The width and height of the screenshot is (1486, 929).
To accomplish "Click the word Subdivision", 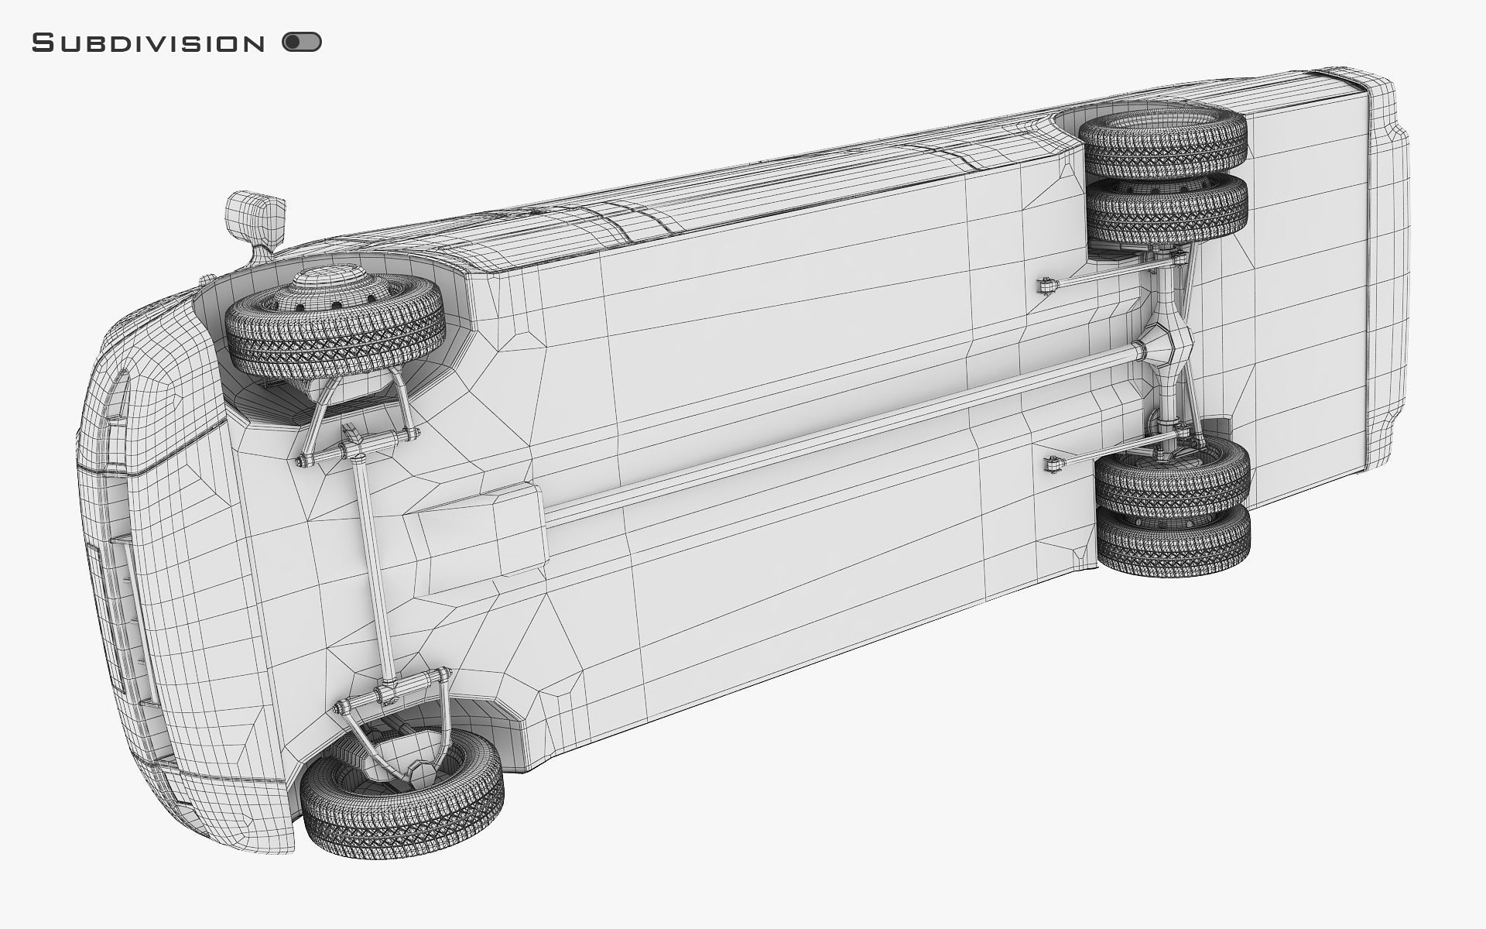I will tap(148, 43).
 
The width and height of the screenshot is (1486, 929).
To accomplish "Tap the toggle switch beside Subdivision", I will tap(302, 42).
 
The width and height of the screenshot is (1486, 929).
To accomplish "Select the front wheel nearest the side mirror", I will tap(334, 329).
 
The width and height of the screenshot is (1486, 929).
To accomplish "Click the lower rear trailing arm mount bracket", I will tap(1053, 465).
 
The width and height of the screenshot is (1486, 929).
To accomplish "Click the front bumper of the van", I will tap(116, 588).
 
